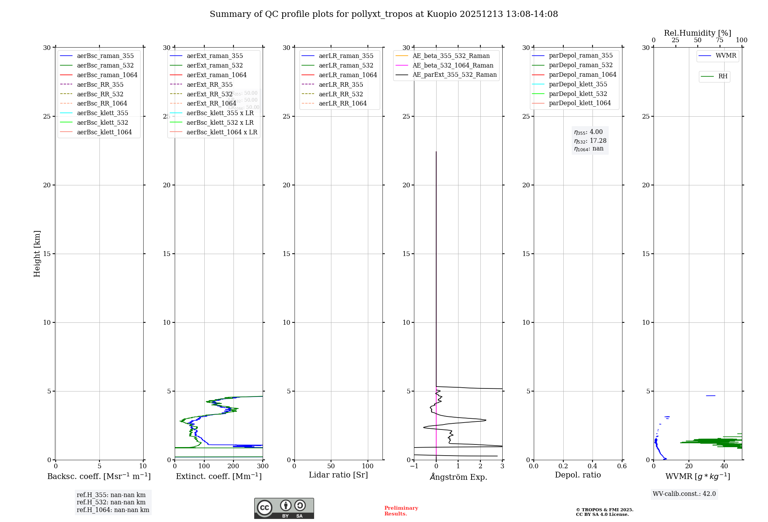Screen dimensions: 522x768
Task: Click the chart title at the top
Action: (384, 14)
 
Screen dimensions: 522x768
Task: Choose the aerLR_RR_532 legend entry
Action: (341, 94)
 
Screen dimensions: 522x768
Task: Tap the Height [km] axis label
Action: (37, 253)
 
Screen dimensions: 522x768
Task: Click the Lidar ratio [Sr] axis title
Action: (338, 475)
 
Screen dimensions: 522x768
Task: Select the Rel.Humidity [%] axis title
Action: (697, 33)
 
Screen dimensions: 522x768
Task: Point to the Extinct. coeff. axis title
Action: (218, 476)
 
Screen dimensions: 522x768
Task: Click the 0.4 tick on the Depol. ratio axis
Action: (593, 466)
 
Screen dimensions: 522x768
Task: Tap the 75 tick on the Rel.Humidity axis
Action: (720, 40)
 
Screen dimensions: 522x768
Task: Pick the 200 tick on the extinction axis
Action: (233, 466)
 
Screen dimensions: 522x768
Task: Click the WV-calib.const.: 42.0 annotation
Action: (684, 494)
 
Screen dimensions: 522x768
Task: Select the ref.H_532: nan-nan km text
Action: (111, 502)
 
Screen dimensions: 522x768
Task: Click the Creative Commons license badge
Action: (284, 509)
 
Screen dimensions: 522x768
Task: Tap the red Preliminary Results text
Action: (401, 511)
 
